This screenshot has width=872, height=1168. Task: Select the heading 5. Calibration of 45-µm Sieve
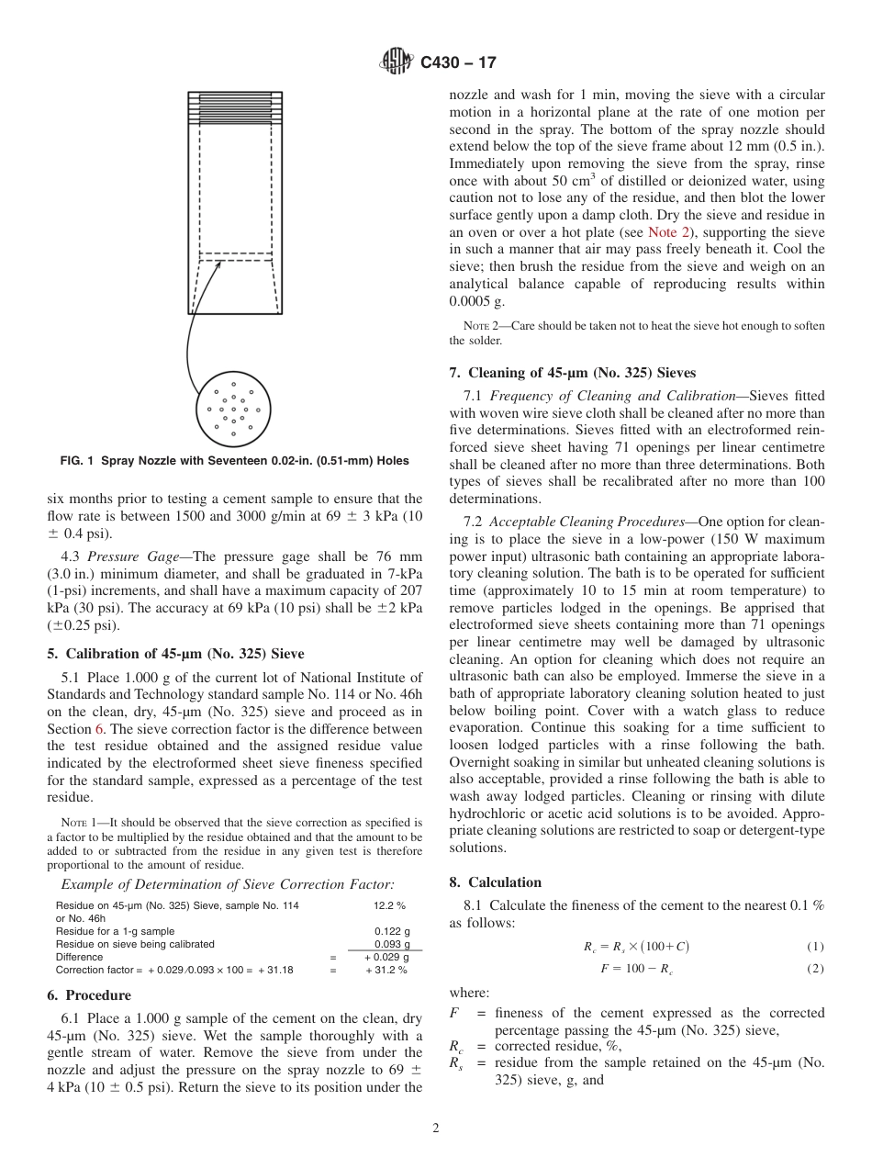(x=175, y=655)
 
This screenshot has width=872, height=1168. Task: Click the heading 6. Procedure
(x=89, y=995)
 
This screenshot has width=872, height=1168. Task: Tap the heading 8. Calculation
(x=496, y=882)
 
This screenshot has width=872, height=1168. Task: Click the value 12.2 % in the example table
(x=389, y=905)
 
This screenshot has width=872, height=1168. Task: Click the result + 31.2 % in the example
(x=386, y=970)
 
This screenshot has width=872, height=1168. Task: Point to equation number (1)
(x=815, y=947)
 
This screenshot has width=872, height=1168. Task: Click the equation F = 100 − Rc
(x=637, y=969)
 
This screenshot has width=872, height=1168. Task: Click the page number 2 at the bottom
(x=436, y=1129)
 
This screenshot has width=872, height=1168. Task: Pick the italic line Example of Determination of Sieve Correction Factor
(x=228, y=884)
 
